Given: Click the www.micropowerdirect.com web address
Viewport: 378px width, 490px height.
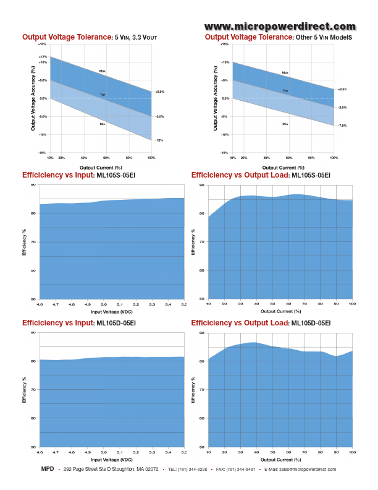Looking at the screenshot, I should [280, 26].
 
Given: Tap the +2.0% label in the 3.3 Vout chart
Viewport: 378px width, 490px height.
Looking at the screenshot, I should [160, 92].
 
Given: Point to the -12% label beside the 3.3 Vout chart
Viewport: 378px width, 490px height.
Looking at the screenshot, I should [159, 140].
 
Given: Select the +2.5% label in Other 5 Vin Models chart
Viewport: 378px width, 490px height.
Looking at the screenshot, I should [342, 89].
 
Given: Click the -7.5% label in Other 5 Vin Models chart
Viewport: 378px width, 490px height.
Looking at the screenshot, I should [342, 126].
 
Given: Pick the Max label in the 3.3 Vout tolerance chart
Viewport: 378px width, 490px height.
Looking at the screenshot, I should [103, 71].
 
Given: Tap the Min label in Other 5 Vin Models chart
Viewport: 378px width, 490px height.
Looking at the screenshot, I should [285, 124].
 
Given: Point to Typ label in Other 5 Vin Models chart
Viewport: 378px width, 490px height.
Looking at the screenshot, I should [285, 90].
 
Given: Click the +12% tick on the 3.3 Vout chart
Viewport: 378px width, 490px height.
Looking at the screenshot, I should [43, 56].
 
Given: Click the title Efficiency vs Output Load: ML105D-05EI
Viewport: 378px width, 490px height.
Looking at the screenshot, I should [261, 323].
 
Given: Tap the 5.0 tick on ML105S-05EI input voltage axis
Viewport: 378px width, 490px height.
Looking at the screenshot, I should [104, 305].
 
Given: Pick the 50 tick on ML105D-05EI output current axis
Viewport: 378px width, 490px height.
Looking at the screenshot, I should [272, 453].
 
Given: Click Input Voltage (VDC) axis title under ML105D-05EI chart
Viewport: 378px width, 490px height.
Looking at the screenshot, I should [111, 460].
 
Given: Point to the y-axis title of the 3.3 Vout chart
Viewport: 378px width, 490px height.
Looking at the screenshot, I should [33, 98].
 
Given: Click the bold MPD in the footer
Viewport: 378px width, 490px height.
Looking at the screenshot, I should [48, 469].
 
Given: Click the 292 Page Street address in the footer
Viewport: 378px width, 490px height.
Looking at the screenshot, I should [111, 470].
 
